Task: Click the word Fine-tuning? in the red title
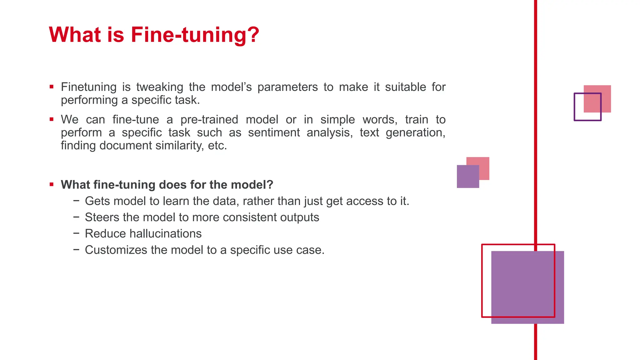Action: [x=195, y=35]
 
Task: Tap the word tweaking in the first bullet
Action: [x=160, y=87]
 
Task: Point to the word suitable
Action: [x=405, y=87]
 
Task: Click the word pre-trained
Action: [x=209, y=120]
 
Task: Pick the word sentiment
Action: [x=274, y=132]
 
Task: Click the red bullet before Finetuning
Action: [x=52, y=87]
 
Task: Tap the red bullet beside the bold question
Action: [x=52, y=185]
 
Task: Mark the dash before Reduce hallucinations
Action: [x=76, y=233]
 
